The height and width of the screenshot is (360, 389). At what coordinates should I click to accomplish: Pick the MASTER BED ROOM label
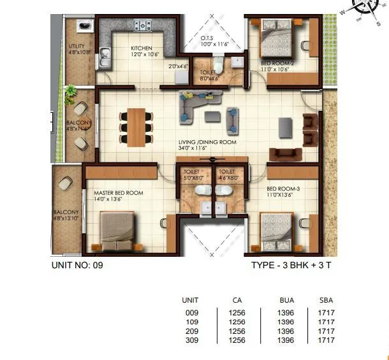click(x=119, y=192)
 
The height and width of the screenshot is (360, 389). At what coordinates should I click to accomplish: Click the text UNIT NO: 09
click(x=77, y=265)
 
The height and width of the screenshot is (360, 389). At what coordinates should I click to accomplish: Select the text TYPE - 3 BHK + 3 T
click(x=291, y=265)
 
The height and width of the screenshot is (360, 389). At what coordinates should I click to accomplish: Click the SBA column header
click(x=325, y=300)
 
